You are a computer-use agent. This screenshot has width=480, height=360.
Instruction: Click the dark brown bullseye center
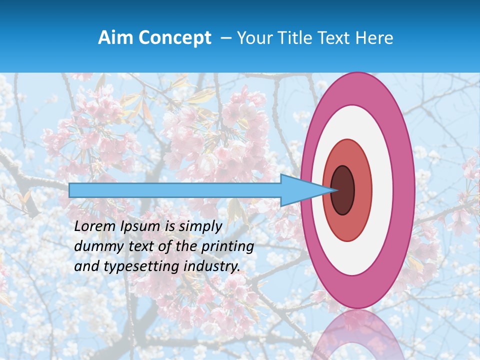[x=342, y=190]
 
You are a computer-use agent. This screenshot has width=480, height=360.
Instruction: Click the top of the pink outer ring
[x=357, y=88]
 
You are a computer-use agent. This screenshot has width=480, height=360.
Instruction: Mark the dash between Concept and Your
[x=225, y=38]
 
